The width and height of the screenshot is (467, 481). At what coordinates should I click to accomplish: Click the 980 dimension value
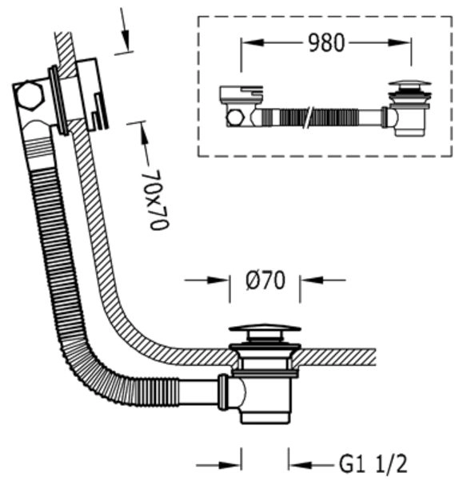(x=326, y=42)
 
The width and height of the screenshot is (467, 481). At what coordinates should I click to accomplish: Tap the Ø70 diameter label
(x=265, y=280)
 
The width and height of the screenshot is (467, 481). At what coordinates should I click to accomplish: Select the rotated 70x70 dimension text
(x=158, y=200)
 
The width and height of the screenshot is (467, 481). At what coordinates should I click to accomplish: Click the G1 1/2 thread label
(x=373, y=464)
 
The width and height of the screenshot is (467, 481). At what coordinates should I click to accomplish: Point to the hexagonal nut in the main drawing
(x=29, y=96)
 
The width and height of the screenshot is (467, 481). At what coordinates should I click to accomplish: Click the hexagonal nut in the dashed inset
(x=235, y=117)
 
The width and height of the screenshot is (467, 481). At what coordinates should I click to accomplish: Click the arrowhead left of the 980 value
(x=253, y=42)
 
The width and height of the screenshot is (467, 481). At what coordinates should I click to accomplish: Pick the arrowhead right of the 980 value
(x=400, y=42)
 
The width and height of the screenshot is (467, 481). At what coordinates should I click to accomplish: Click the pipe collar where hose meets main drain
(x=222, y=392)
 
